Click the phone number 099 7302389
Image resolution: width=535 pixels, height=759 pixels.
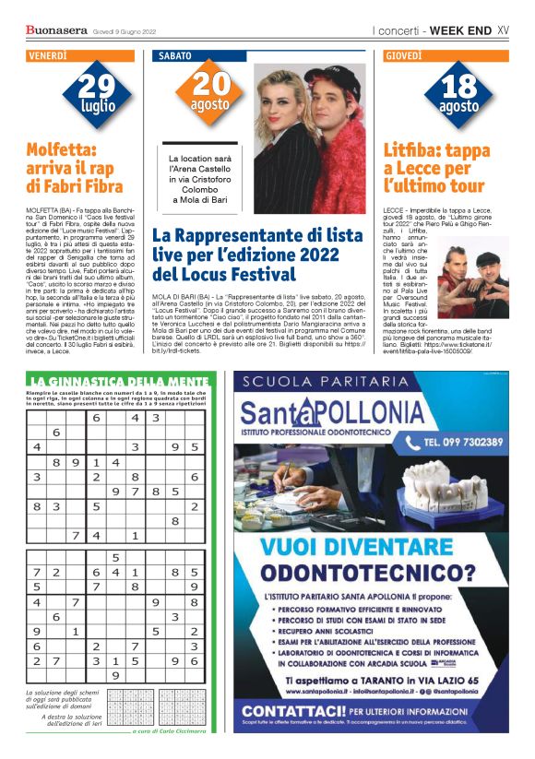tap(458, 441)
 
